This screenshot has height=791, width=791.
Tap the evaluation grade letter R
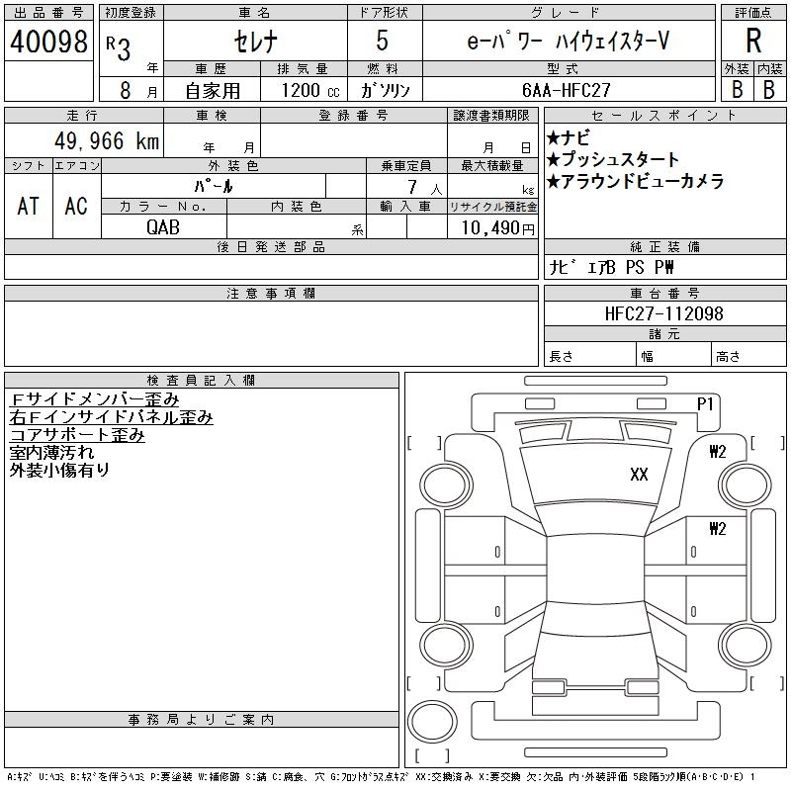click(753, 42)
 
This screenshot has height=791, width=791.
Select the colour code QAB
click(163, 227)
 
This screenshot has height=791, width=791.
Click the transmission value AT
click(29, 206)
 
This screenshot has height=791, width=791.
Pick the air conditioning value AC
click(76, 206)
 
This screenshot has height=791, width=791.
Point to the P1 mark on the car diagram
click(705, 403)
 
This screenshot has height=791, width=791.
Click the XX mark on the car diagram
click(639, 475)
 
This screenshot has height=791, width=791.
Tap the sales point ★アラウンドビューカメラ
click(635, 181)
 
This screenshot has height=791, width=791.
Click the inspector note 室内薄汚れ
click(51, 453)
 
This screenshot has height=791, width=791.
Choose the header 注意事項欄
click(271, 294)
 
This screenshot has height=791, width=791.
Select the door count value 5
click(383, 42)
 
